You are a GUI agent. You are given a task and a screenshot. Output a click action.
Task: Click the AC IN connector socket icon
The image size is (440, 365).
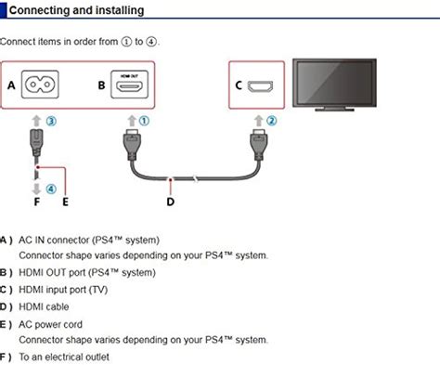(x=40, y=85)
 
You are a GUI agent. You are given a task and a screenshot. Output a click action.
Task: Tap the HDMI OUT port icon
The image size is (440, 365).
(x=129, y=85)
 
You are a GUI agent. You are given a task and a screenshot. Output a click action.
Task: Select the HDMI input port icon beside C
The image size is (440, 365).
(x=260, y=86)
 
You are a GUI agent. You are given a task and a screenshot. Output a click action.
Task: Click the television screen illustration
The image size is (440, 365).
(x=334, y=82)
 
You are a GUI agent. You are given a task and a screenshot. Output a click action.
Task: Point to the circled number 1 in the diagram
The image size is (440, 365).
(x=144, y=121)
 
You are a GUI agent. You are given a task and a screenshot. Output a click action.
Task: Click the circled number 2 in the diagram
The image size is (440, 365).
(x=271, y=121)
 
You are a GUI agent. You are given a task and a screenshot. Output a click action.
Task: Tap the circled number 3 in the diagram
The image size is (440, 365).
(x=51, y=121)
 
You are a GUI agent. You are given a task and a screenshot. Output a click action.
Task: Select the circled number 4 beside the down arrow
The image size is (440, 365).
(x=51, y=189)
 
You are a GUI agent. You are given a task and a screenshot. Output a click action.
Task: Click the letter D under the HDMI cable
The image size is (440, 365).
(x=171, y=202)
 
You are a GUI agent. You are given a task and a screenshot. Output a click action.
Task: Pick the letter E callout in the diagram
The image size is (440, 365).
(x=65, y=202)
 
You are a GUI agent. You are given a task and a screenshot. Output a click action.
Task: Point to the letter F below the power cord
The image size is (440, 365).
(x=37, y=202)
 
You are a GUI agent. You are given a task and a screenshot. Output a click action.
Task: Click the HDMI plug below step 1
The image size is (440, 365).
(x=132, y=144)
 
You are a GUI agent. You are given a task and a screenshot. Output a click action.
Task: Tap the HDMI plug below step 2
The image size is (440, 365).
(x=259, y=144)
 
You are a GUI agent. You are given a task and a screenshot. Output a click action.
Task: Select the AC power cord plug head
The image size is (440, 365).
(x=36, y=142)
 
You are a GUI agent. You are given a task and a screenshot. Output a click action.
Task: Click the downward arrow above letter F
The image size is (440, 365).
(x=36, y=189)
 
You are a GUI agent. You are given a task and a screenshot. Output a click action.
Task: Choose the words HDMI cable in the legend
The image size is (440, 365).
(x=44, y=306)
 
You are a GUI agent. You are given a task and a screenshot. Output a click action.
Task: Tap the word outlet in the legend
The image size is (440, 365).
(x=97, y=357)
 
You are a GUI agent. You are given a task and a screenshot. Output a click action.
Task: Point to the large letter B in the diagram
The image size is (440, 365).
(x=101, y=85)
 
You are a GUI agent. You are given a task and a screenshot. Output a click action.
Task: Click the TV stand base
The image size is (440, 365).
(x=334, y=109)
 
